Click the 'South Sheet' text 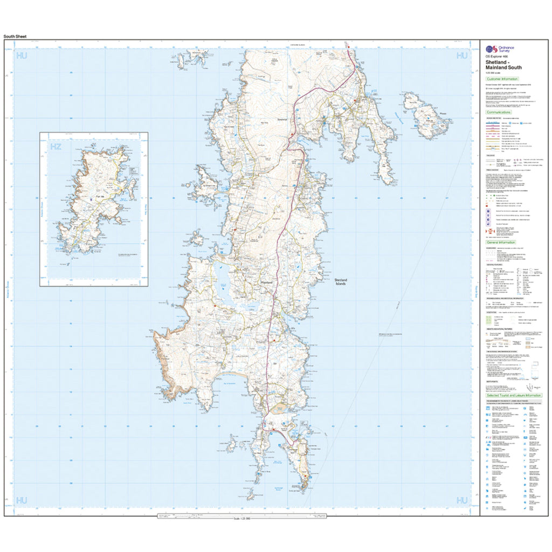pyautogui.click(x=15, y=37)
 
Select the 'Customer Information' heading pyautogui.click(x=502, y=79)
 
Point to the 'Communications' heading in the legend pyautogui.click(x=500, y=112)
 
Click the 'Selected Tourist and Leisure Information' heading pyautogui.click(x=514, y=395)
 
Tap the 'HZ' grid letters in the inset pyautogui.click(x=55, y=147)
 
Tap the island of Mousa pyautogui.click(x=426, y=116)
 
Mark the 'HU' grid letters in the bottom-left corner pyautogui.click(x=22, y=501)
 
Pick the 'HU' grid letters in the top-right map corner pyautogui.click(x=462, y=56)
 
